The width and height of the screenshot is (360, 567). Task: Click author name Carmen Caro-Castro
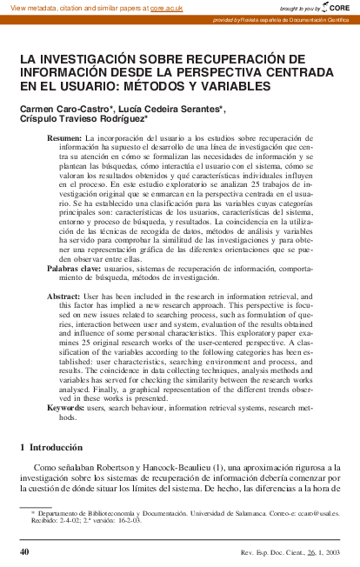click(57, 109)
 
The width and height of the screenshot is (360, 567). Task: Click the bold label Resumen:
click(63, 139)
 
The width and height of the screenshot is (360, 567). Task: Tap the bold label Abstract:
click(63, 297)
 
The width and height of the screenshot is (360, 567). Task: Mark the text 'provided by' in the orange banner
click(224, 19)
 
